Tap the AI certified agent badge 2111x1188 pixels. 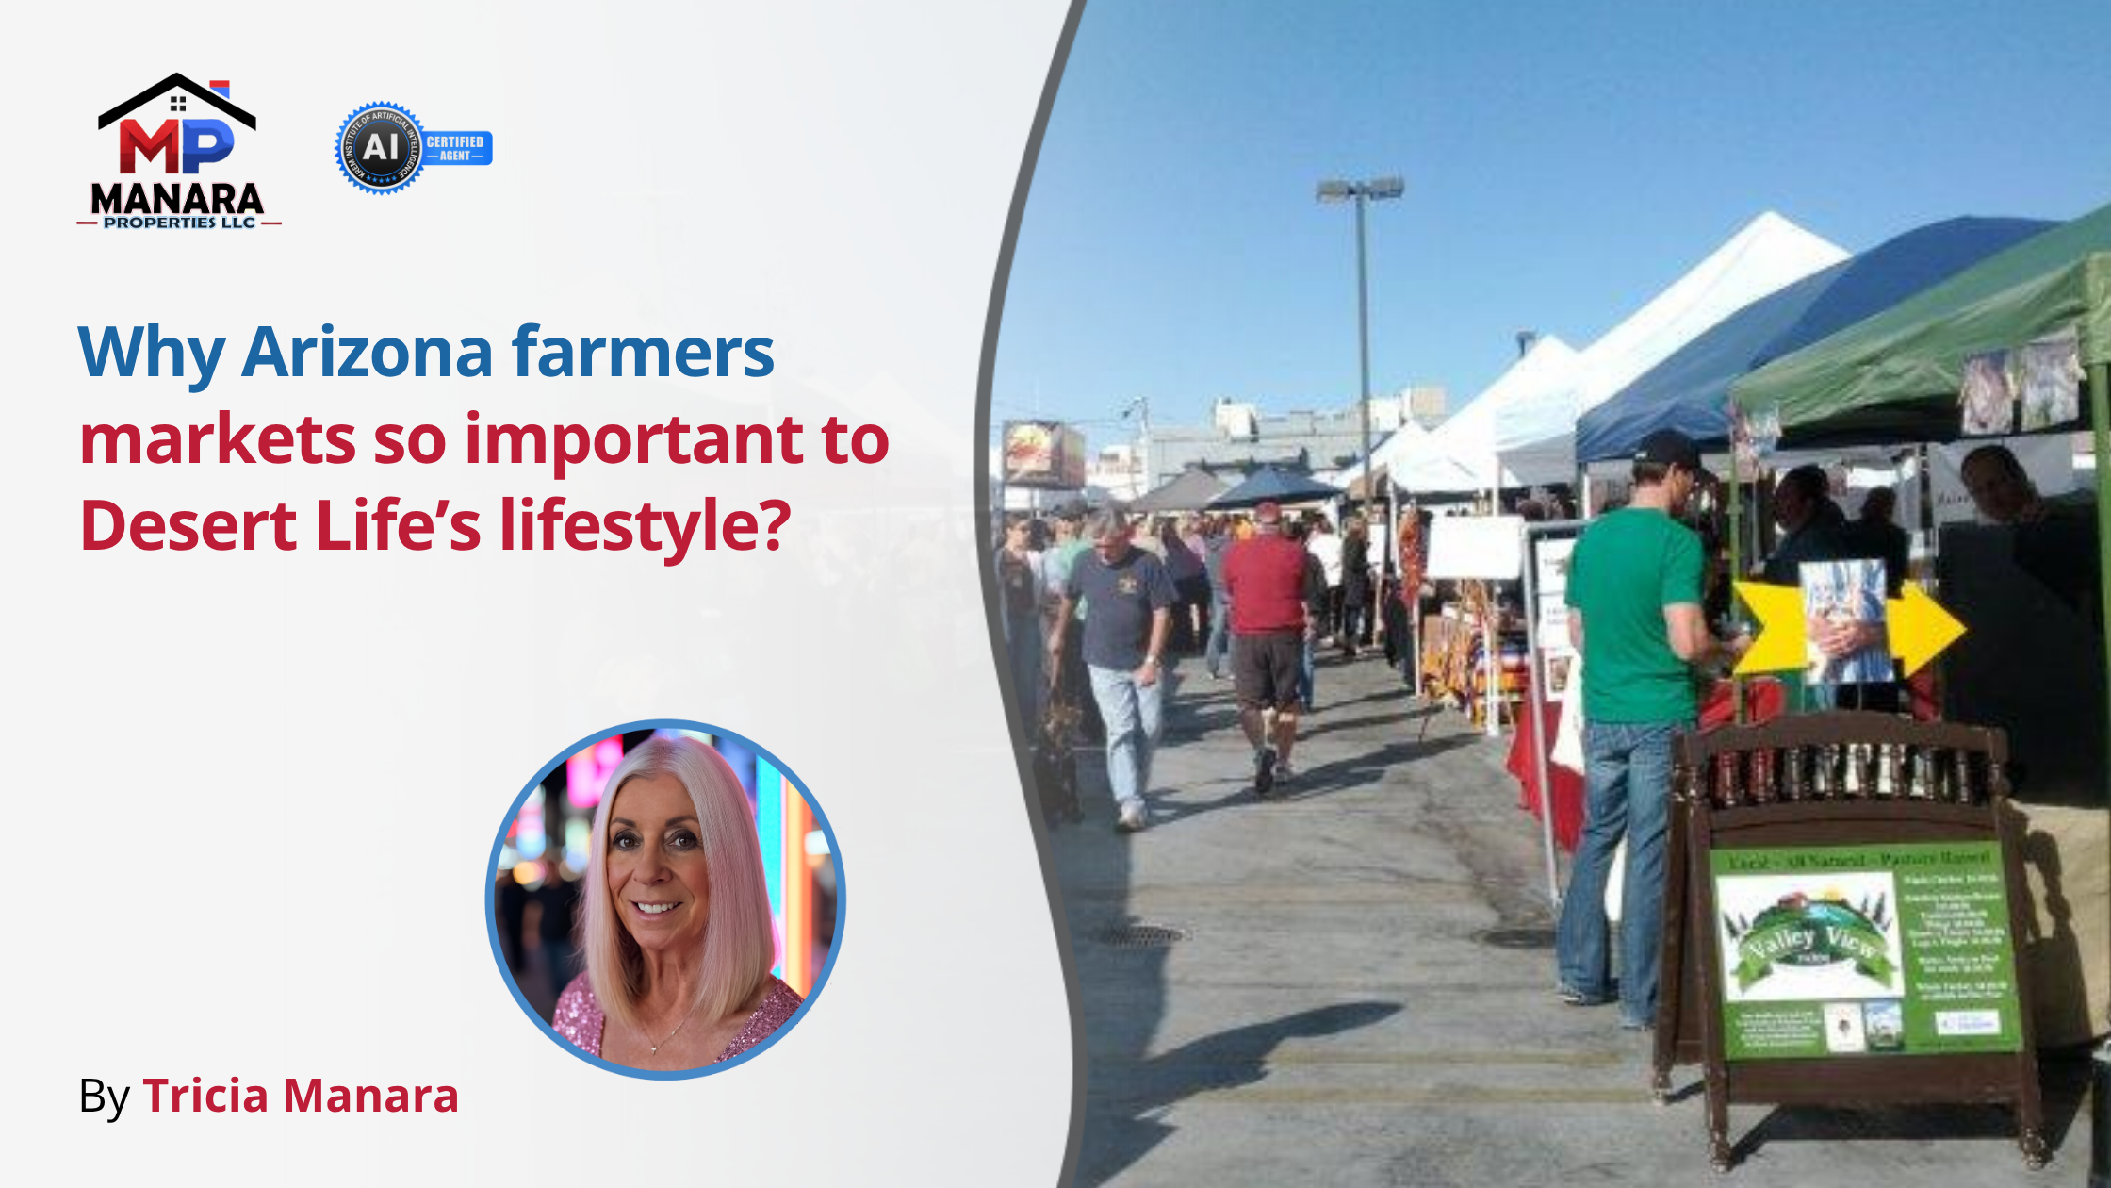tap(413, 148)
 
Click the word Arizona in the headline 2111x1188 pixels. tap(368, 353)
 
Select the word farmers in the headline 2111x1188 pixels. tap(643, 353)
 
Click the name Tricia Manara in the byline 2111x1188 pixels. tap(301, 1096)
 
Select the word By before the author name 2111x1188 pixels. tap(104, 1097)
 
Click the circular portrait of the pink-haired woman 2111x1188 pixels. tap(665, 899)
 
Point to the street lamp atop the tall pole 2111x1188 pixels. tap(1360, 189)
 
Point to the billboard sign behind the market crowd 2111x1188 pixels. tap(1041, 453)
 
